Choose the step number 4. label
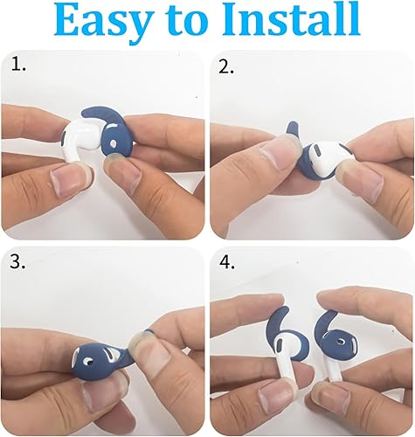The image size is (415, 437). coord(227,263)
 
